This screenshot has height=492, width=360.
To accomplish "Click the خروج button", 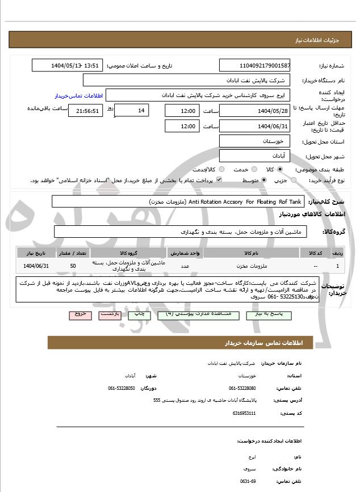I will [79, 314].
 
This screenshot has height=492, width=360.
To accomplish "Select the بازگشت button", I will [110, 314].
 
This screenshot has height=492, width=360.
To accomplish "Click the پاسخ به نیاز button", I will [265, 314].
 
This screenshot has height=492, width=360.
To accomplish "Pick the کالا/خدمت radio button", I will [221, 169].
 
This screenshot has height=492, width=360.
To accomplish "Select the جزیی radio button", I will [293, 180].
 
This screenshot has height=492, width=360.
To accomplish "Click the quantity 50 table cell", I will [73, 265].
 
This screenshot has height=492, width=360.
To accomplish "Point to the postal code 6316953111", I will [244, 413].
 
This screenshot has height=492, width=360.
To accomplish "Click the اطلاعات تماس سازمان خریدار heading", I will [261, 343].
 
